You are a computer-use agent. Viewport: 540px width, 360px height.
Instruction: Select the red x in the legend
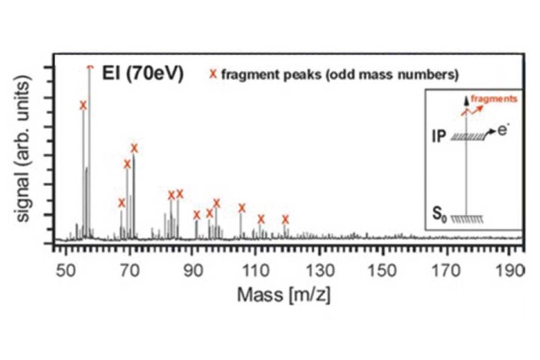212,73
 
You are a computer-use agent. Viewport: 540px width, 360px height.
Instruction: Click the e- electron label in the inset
501,129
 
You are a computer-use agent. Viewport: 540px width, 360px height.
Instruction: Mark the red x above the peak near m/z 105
241,208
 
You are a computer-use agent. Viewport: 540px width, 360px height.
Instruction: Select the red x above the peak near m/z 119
285,219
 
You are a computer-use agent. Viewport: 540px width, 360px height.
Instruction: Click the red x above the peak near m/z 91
196,214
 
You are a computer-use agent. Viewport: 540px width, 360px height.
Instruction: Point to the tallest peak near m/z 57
90,71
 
